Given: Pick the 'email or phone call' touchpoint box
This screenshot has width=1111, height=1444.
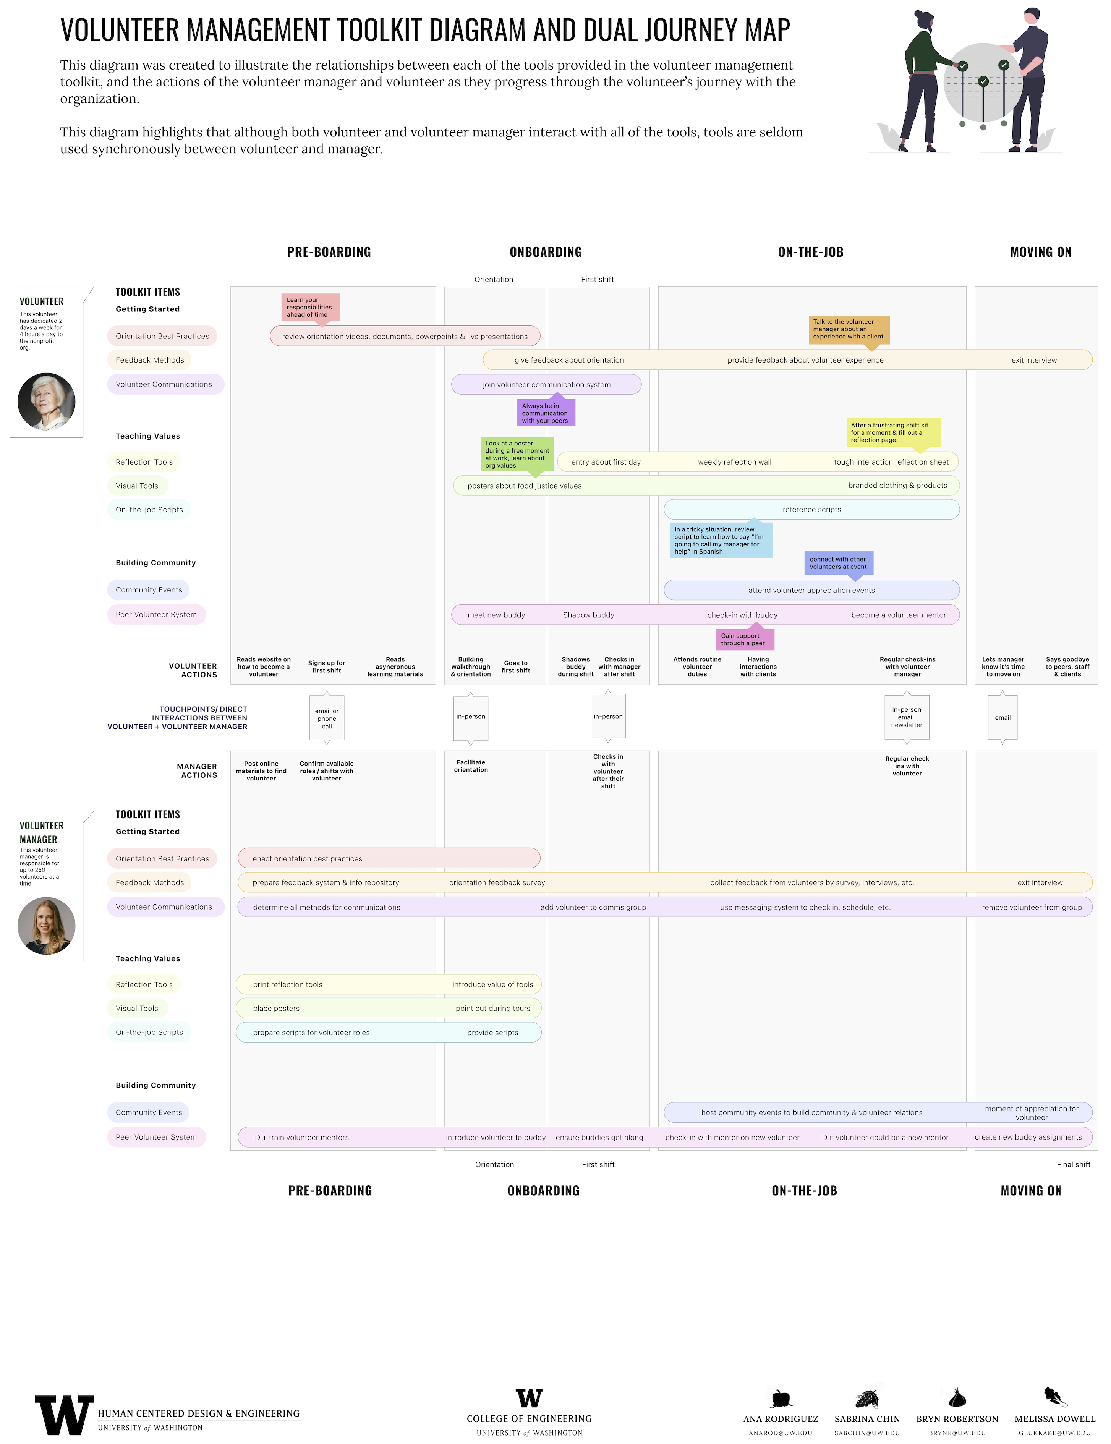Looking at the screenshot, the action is (327, 719).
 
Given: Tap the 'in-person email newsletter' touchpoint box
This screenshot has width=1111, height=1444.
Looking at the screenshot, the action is (907, 717).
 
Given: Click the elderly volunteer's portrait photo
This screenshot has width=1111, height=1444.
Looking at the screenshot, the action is (46, 401).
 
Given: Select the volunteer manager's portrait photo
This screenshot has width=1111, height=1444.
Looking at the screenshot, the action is (46, 926).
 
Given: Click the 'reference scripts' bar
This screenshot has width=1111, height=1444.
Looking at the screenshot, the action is (811, 510).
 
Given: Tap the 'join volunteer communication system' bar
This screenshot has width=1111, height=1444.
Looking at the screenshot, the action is (546, 385).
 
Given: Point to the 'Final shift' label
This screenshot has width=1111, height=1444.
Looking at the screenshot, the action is (1073, 1164).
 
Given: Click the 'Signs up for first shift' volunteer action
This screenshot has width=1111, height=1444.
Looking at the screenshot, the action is (327, 667).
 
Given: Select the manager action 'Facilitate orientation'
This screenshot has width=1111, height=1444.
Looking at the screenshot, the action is (471, 766).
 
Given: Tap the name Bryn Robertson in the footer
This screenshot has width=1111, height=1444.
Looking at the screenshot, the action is (957, 1419).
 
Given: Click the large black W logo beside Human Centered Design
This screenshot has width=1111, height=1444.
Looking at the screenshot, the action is (64, 1415).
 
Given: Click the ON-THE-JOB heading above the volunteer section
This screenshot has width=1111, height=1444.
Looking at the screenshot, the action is (811, 252).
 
